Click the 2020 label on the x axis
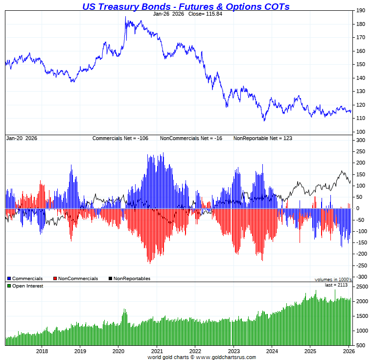click(x=119, y=351)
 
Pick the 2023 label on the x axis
click(x=234, y=351)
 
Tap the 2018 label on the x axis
click(x=42, y=351)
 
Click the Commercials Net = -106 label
click(x=120, y=139)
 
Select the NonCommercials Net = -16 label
click(x=191, y=139)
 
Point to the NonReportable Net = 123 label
click(x=262, y=139)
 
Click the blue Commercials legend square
click(x=9, y=279)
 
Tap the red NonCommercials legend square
click(x=55, y=279)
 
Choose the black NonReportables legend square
click(x=111, y=279)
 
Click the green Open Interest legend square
click(x=9, y=286)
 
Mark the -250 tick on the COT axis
click(x=361, y=265)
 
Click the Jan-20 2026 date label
click(x=22, y=139)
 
